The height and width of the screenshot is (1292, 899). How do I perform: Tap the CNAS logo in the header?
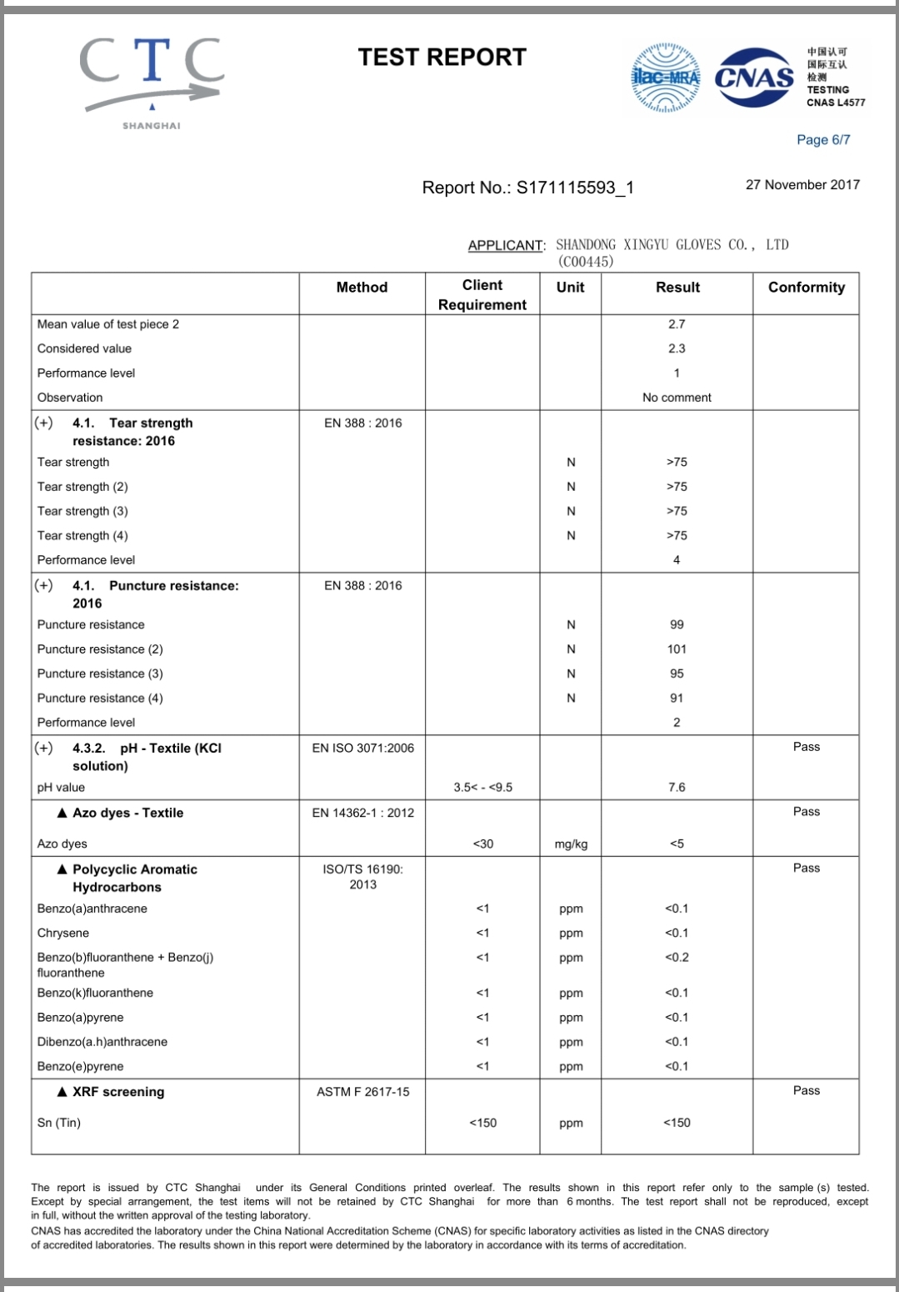(x=755, y=78)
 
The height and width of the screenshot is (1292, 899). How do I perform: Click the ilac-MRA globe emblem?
(x=666, y=78)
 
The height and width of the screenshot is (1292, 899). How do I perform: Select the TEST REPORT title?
(x=442, y=58)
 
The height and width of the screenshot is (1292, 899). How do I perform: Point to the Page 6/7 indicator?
(x=823, y=140)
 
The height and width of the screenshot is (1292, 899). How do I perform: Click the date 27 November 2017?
(x=802, y=185)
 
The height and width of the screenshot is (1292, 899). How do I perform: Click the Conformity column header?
(x=806, y=288)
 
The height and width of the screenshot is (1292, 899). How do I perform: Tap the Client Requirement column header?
(x=482, y=295)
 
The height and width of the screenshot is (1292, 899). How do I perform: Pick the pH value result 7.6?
(x=677, y=788)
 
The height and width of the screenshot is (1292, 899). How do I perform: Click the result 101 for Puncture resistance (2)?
(x=677, y=649)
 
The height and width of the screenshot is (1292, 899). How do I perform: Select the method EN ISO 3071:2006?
(x=362, y=749)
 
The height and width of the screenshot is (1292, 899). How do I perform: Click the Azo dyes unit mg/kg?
(x=571, y=844)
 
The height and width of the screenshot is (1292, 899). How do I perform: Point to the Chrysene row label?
(x=63, y=934)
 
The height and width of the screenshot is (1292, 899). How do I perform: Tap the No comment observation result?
(x=677, y=398)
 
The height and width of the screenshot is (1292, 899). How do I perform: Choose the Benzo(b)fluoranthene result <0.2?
(x=677, y=958)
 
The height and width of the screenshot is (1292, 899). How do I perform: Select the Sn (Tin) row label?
(x=59, y=1123)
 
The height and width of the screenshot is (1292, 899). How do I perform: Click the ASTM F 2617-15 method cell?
(x=362, y=1092)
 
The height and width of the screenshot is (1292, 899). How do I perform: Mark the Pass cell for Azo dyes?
(x=806, y=812)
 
